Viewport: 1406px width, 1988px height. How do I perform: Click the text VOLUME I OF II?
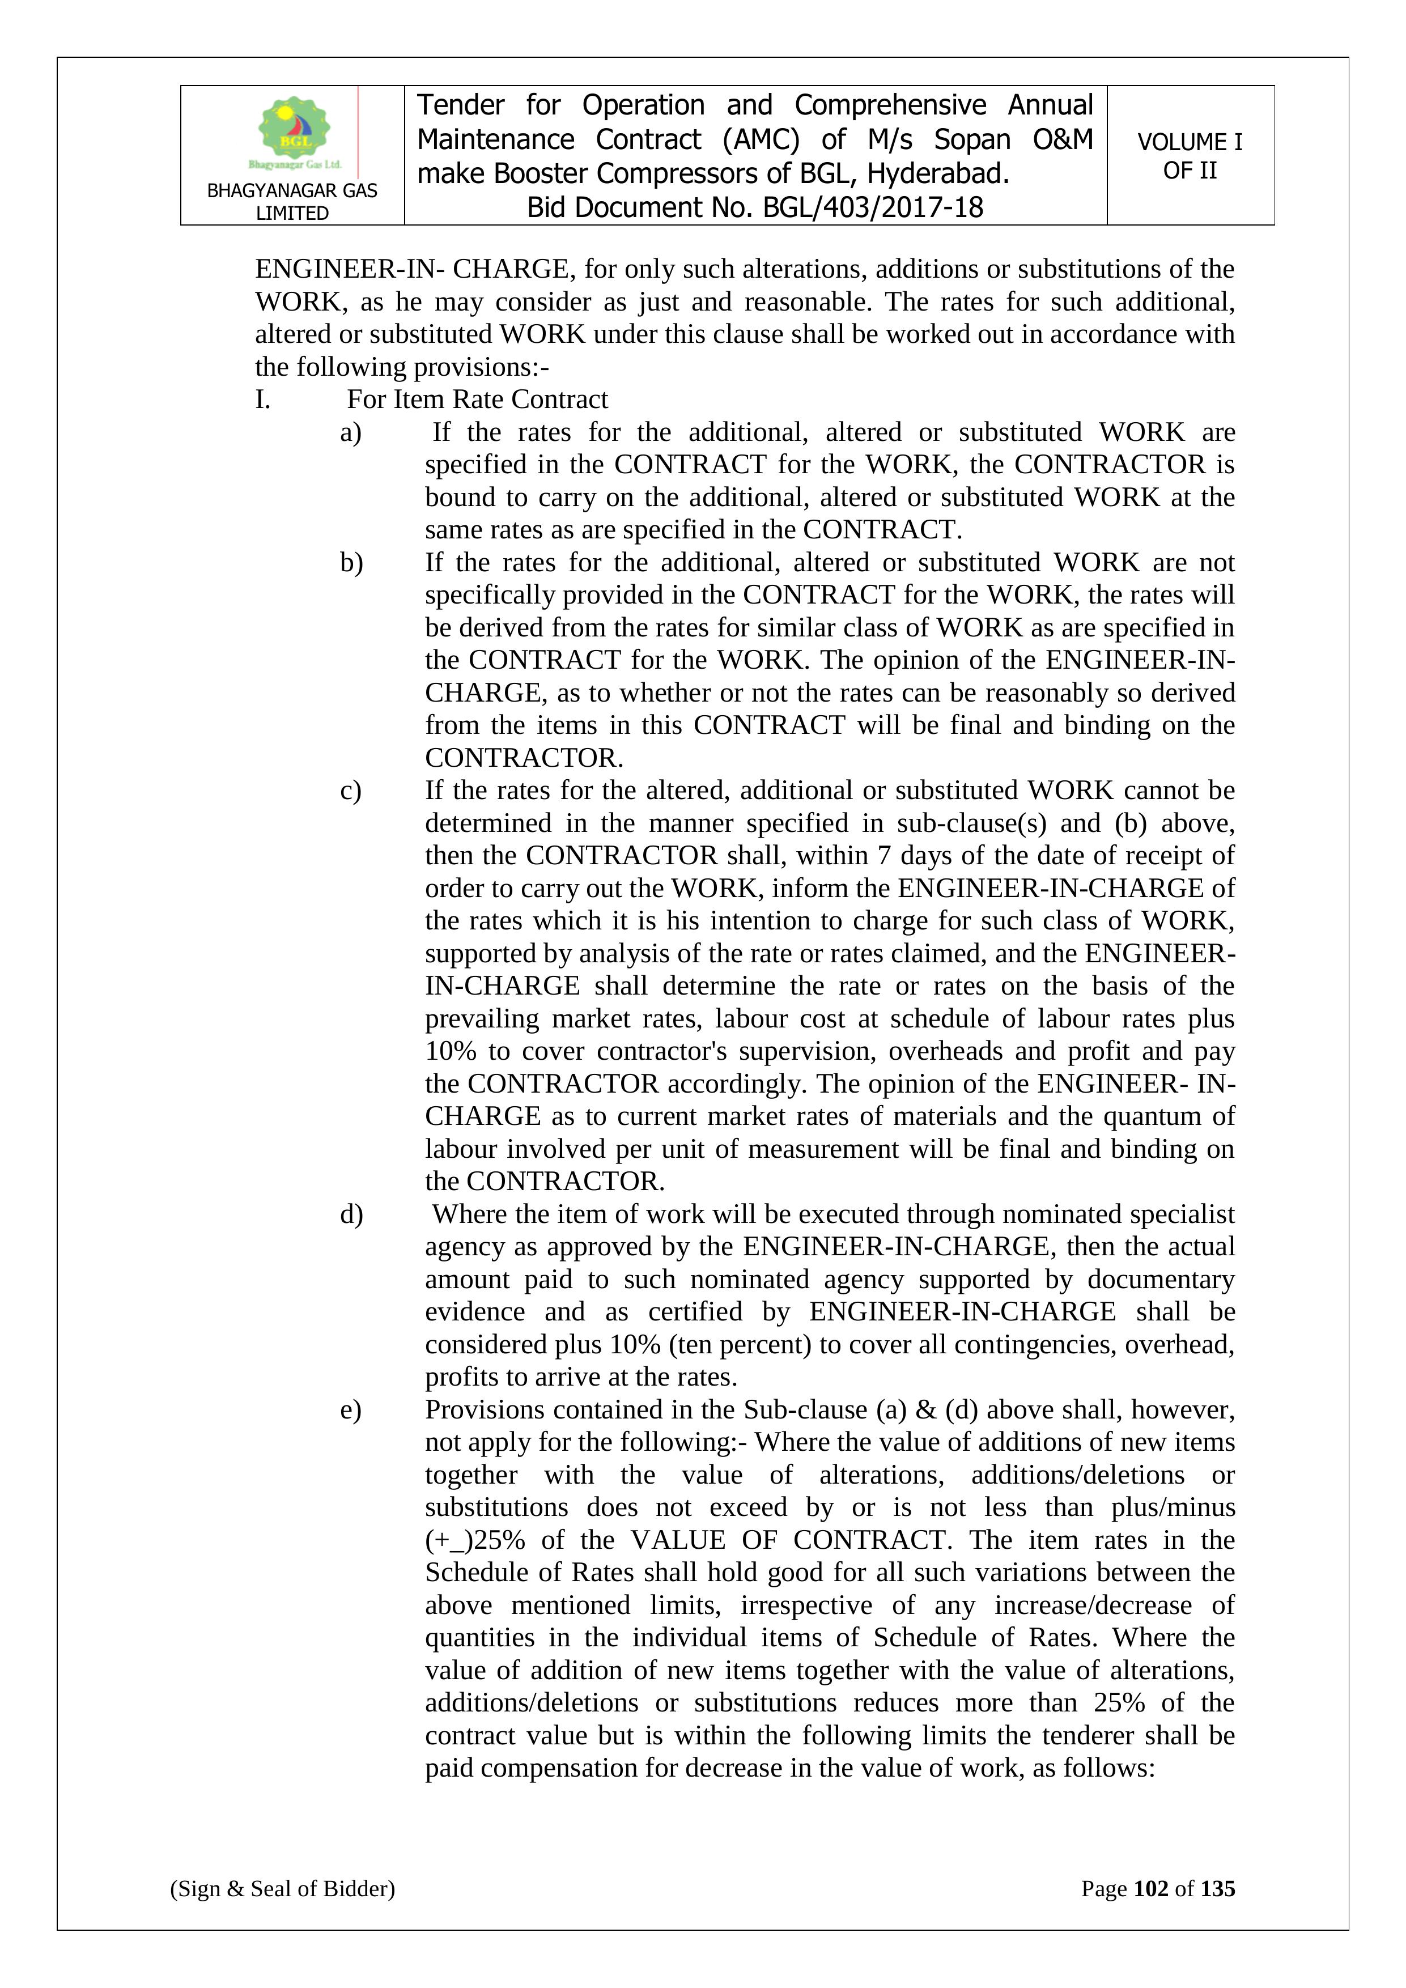1190,156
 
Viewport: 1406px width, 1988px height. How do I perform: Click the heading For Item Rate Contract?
477,399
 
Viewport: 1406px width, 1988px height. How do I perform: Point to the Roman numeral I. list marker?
263,399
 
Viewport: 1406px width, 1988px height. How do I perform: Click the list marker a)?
351,432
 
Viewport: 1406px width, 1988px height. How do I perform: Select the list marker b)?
351,563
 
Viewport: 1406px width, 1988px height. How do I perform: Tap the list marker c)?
351,791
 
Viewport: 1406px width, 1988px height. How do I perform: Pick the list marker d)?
351,1214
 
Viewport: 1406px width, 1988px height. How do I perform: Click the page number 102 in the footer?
1150,1888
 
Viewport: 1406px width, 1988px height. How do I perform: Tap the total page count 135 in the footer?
1217,1888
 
